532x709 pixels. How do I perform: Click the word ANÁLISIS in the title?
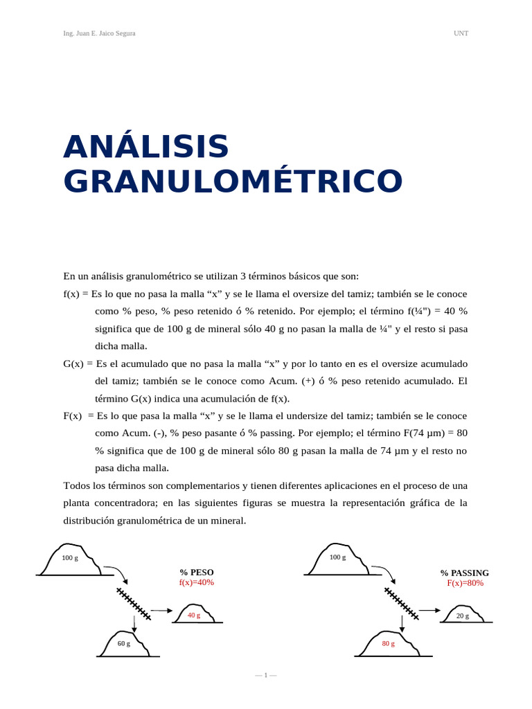[x=146, y=147]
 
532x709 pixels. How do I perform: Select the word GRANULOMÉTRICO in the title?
[x=233, y=181]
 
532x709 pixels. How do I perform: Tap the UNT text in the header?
[x=461, y=33]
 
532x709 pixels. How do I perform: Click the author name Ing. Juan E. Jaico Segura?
[x=99, y=33]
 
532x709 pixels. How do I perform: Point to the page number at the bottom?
[x=265, y=675]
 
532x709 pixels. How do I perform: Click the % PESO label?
[x=197, y=573]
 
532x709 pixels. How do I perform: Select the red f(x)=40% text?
[x=197, y=583]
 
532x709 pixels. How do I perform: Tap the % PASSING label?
[x=465, y=573]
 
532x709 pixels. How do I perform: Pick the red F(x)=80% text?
[x=465, y=584]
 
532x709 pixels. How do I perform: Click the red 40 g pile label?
[x=194, y=615]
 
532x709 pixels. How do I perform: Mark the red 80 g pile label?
[x=389, y=644]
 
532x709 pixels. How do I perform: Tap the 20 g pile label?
[x=463, y=616]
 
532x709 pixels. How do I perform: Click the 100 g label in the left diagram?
[x=70, y=558]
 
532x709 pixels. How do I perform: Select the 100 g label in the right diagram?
[x=338, y=557]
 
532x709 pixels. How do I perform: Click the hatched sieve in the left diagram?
[x=134, y=603]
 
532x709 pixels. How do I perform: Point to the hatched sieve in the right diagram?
[x=402, y=603]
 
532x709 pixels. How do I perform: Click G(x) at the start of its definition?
[x=75, y=364]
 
